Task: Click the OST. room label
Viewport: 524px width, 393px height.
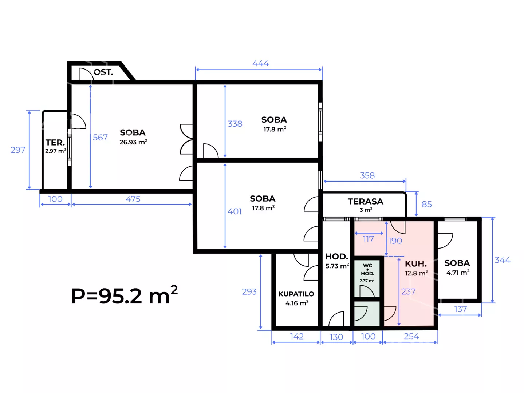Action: tap(103, 72)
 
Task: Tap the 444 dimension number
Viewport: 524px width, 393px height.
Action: tap(260, 63)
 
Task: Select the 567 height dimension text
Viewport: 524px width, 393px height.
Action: tap(100, 137)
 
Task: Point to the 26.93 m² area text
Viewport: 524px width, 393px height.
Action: tap(133, 142)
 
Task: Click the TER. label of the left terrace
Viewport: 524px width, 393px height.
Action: tap(55, 143)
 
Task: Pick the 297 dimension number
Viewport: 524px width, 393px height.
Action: tap(18, 150)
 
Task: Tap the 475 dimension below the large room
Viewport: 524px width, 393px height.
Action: tap(133, 199)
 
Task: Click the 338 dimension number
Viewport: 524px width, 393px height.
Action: tap(235, 124)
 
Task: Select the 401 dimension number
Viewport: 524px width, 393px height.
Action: tap(235, 211)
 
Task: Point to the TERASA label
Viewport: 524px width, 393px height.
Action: tap(366, 202)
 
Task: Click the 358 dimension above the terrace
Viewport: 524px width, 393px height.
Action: tap(367, 175)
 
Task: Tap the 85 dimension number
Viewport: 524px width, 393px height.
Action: tap(427, 204)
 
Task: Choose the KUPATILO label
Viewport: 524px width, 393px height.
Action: tap(296, 294)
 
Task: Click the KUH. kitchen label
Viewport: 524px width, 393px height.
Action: tap(416, 264)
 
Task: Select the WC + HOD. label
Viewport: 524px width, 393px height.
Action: tap(367, 270)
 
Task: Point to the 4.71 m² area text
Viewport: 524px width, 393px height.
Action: tap(458, 272)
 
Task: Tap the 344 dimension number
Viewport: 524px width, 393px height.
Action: tap(503, 260)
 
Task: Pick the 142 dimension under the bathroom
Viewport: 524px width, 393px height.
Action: tap(297, 337)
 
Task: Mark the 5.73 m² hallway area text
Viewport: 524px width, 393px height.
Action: tap(337, 266)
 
